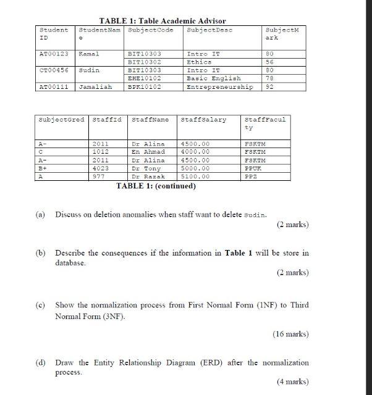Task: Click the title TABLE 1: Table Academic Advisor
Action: pos(163,21)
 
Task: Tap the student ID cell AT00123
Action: pos(54,54)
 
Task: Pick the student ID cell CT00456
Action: pos(54,70)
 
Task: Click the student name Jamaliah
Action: pos(96,87)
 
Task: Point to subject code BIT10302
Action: pos(144,62)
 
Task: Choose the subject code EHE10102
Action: pos(144,78)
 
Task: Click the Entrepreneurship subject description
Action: pos(220,87)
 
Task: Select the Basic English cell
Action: pos(214,78)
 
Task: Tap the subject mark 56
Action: pos(270,62)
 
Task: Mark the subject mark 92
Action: pos(270,87)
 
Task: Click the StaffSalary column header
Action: pos(204,119)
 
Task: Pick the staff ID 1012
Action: pos(100,151)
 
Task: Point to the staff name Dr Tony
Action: pos(146,168)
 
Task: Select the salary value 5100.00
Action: pos(196,176)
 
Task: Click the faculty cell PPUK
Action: pos(253,168)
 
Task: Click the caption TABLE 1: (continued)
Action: pos(156,186)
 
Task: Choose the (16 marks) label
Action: pos(290,334)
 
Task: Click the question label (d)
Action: pos(41,362)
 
